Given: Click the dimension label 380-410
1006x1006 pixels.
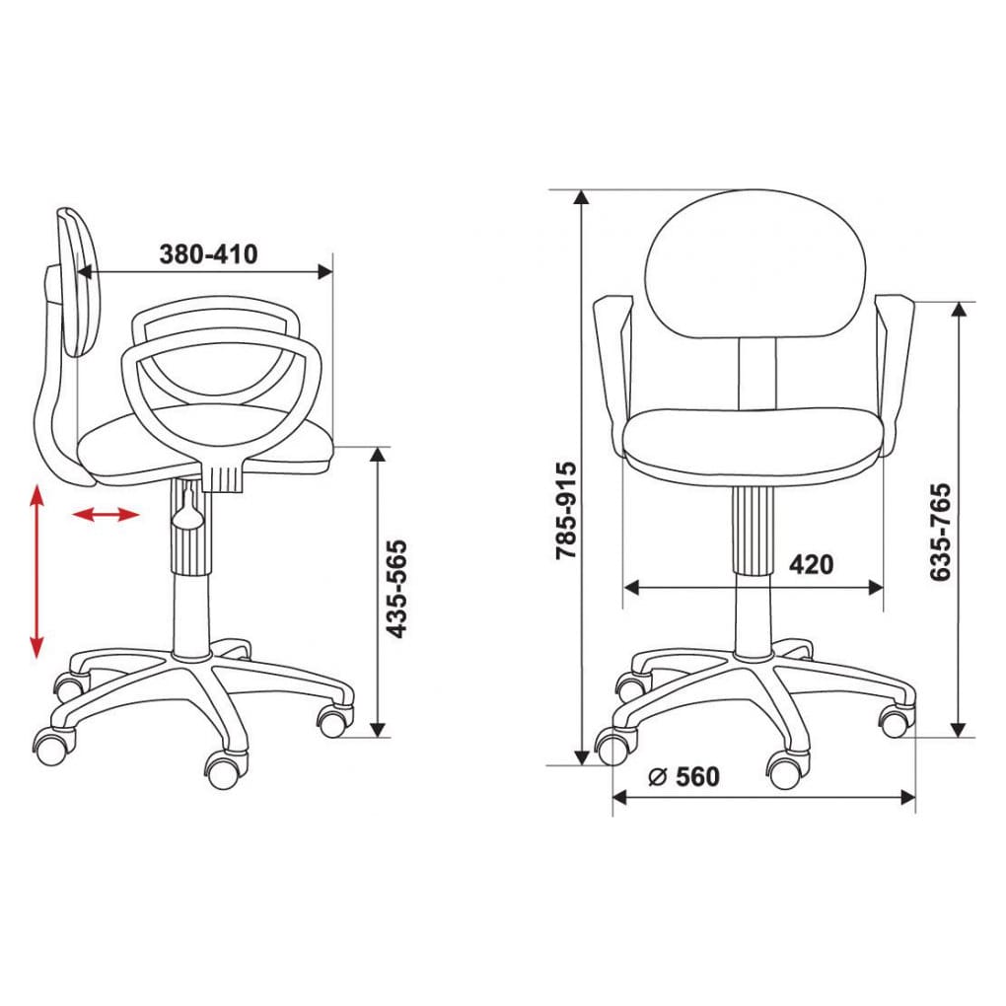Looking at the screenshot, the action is (208, 254).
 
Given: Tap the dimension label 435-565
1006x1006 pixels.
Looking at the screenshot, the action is (395, 590).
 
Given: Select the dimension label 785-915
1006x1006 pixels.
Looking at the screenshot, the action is (566, 510).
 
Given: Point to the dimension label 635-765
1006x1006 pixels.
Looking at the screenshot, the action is (940, 533).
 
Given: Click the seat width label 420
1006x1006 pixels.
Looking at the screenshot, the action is (811, 564).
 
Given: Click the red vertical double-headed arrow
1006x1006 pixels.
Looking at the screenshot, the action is (36, 572).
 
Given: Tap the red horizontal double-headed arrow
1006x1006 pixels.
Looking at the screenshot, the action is (106, 514).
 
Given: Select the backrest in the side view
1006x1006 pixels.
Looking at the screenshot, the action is (80, 282).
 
